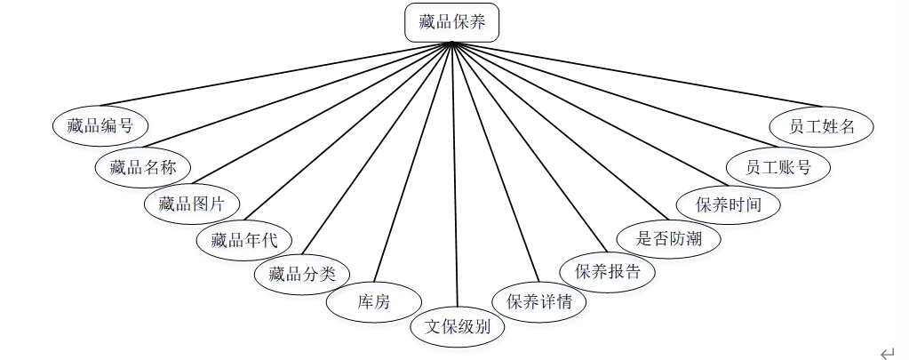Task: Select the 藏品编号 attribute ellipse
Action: tap(100, 125)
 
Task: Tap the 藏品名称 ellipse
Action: tap(142, 166)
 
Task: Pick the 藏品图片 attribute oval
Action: tap(192, 204)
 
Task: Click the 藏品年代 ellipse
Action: tap(243, 239)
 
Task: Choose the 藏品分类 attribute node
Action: tap(302, 273)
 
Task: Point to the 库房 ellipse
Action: tap(373, 301)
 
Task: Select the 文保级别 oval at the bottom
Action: tap(458, 326)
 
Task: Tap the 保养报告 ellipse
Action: tap(608, 271)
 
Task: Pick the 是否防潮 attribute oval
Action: tap(667, 237)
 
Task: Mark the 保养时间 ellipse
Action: tap(729, 204)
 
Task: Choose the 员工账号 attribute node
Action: tap(778, 166)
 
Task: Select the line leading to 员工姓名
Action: tap(640, 75)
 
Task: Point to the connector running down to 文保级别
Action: tap(455, 178)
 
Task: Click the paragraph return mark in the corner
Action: tap(886, 352)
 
